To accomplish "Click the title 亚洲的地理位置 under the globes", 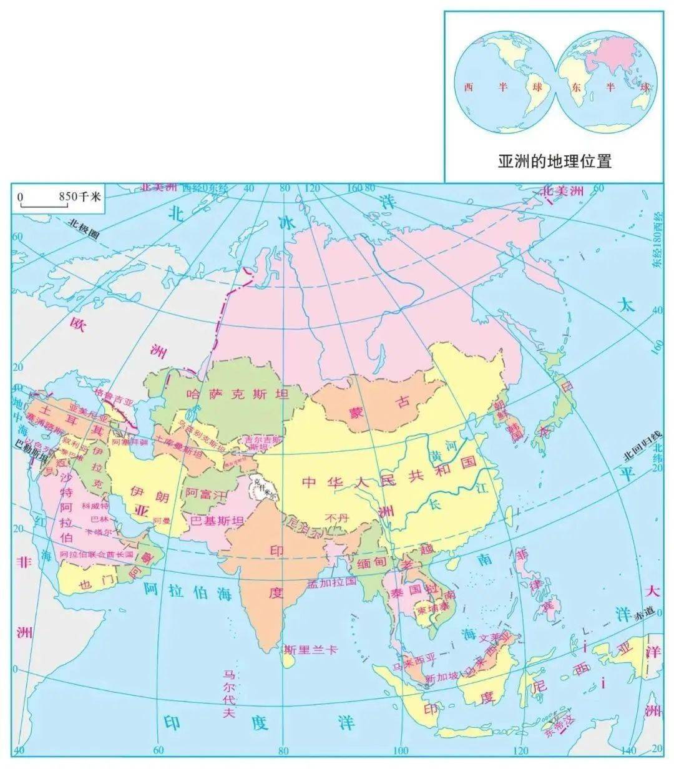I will pyautogui.click(x=554, y=162).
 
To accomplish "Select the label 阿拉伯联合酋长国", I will pyautogui.click(x=96, y=554).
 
